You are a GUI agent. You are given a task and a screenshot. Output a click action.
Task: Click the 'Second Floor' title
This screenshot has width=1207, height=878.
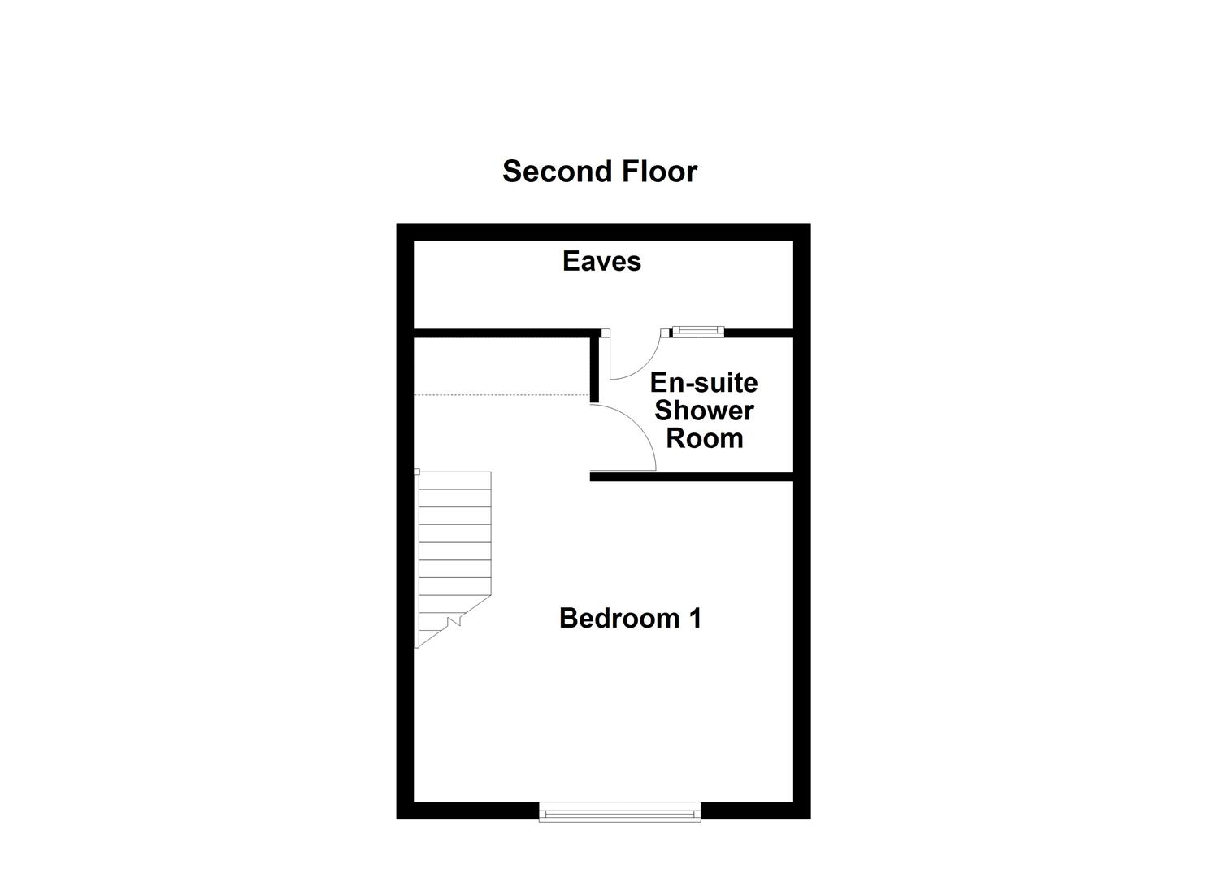(599, 172)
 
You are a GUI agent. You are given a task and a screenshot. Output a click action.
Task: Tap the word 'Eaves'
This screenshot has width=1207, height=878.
(601, 261)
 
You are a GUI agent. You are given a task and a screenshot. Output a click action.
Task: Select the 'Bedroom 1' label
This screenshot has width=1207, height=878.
(630, 618)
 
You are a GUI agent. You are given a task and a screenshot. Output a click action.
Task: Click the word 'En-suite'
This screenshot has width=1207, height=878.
(704, 382)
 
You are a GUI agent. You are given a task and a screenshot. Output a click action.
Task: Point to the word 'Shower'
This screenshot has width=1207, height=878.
(704, 411)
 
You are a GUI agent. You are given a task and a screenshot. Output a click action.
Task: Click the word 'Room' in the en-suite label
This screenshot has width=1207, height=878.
(704, 438)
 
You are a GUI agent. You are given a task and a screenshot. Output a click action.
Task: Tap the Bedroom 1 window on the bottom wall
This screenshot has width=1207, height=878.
(620, 811)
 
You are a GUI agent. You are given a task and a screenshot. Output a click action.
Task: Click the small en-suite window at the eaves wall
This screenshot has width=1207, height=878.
(697, 331)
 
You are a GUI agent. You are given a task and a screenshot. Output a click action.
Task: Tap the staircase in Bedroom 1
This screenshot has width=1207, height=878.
(454, 553)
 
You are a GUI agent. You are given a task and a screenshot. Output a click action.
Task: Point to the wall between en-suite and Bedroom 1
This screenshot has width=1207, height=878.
(691, 477)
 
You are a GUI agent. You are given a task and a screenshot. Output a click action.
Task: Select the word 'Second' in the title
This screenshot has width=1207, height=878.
(558, 172)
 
